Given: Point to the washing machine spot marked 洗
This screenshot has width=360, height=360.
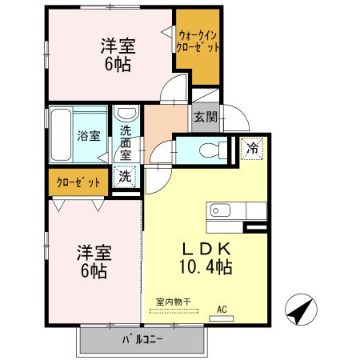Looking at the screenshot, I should (x=126, y=175).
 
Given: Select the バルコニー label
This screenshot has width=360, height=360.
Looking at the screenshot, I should (x=142, y=339).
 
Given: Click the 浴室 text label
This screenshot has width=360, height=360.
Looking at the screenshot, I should (x=89, y=135).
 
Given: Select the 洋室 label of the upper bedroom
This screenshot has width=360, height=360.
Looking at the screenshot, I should (x=118, y=45).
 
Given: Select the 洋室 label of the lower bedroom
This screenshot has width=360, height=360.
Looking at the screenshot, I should (x=94, y=254).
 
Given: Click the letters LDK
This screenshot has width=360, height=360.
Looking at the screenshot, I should (x=206, y=248).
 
